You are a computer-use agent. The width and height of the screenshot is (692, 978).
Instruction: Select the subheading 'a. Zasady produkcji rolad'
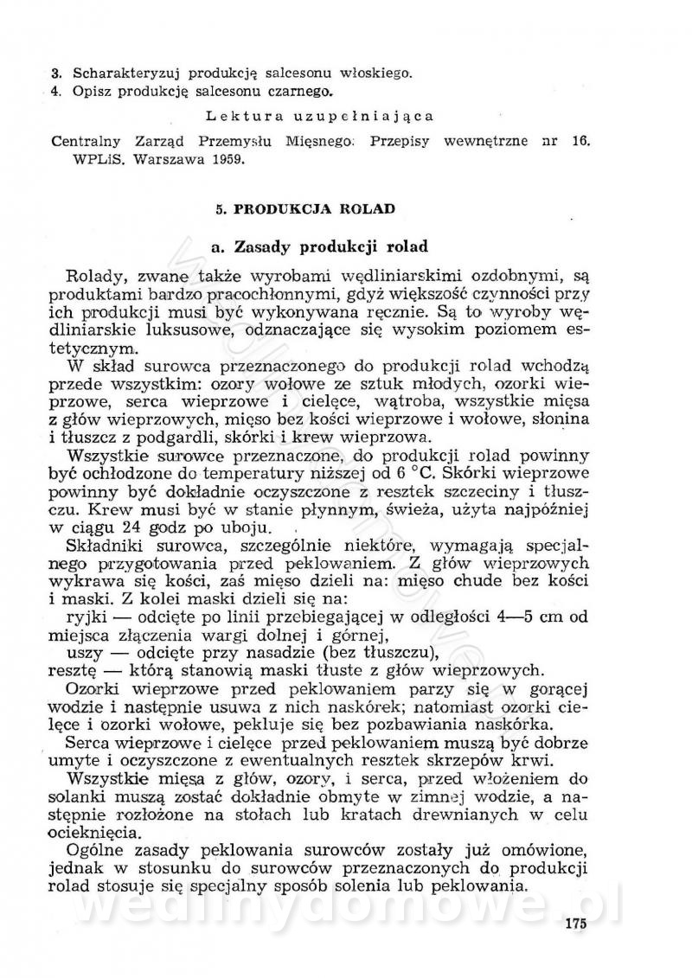[320, 246]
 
